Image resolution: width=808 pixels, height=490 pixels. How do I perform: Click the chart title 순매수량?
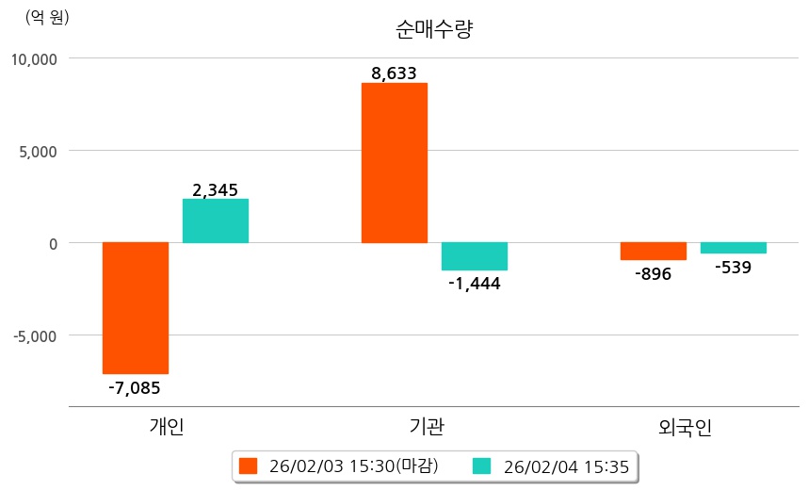[x=434, y=29]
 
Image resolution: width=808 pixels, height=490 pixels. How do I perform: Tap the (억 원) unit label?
[x=47, y=16]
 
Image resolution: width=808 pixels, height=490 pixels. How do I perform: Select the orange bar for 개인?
[x=136, y=307]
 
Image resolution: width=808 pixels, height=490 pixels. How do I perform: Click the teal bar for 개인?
[x=216, y=220]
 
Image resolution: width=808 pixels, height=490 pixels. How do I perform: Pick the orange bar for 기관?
[x=395, y=163]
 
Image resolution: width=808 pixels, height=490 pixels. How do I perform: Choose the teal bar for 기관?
[x=475, y=256]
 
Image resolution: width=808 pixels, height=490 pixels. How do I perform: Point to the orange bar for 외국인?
[x=654, y=251]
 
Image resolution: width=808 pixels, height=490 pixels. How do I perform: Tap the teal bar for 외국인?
[x=734, y=248]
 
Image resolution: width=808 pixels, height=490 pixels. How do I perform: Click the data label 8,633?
[x=395, y=73]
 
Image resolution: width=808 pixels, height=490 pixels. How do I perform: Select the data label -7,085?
[x=135, y=386]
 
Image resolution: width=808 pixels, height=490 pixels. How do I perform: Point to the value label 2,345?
[x=215, y=190]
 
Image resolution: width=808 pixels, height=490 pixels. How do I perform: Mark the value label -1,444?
[x=475, y=284]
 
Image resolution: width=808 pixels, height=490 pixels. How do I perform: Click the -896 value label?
[x=653, y=274]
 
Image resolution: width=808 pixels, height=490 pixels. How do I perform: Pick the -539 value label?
[x=733, y=268]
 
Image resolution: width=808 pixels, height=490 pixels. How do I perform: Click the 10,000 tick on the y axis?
[x=34, y=58]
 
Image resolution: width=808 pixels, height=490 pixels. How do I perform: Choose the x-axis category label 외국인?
[x=686, y=427]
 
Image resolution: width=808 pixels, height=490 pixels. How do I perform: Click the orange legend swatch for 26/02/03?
[x=249, y=465]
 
